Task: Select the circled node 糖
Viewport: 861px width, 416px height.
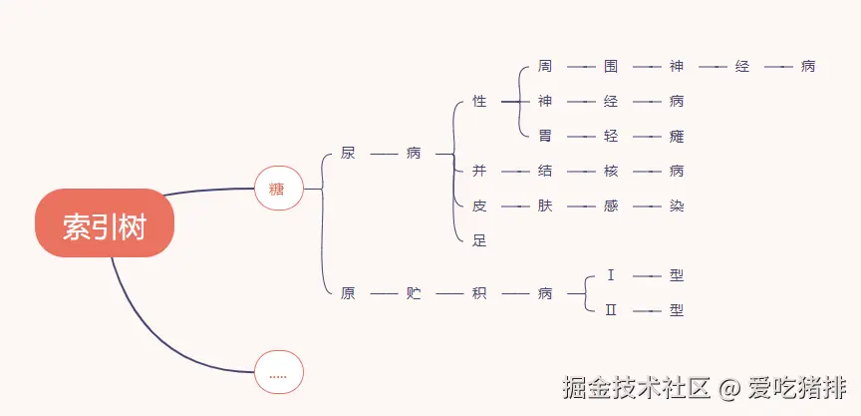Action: click(x=278, y=188)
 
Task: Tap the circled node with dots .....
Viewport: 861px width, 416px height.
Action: click(x=278, y=374)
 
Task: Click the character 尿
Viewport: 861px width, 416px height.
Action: click(x=348, y=154)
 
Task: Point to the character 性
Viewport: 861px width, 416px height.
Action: click(x=479, y=102)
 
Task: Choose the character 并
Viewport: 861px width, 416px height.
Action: click(x=479, y=171)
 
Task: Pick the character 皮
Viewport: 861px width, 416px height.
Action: click(x=479, y=206)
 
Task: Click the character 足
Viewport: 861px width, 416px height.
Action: click(x=479, y=240)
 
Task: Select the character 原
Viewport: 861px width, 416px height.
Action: click(x=348, y=293)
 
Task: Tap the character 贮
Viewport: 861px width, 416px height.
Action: click(x=414, y=293)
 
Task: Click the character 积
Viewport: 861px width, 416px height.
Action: click(x=479, y=293)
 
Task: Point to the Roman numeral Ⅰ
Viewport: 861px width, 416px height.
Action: click(x=611, y=275)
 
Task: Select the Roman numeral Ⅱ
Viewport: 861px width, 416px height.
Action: click(x=611, y=310)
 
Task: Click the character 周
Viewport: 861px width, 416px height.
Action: click(x=545, y=67)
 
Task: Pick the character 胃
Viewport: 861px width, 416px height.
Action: click(x=545, y=136)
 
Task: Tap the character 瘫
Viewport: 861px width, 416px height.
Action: click(x=677, y=136)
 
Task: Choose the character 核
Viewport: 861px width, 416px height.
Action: click(x=611, y=171)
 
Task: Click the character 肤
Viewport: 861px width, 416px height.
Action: click(x=545, y=206)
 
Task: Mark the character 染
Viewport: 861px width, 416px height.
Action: click(x=677, y=206)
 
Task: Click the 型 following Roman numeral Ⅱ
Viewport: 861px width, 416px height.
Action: click(x=677, y=310)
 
